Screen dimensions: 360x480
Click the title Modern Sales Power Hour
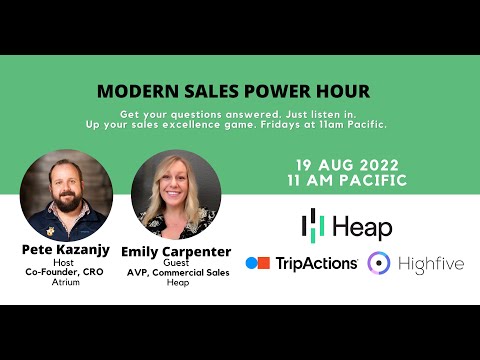click(x=233, y=91)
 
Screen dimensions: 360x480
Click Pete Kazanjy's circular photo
click(x=66, y=194)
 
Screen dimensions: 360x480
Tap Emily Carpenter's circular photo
click(x=176, y=194)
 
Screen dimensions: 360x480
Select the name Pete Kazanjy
click(x=66, y=248)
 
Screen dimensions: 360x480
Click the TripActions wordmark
click(x=316, y=263)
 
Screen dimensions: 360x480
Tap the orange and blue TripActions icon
click(x=258, y=263)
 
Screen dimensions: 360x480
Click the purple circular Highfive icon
click(x=378, y=263)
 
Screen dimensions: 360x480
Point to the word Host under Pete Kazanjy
click(x=66, y=261)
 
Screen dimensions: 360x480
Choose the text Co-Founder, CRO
click(x=66, y=272)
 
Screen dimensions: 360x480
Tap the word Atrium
click(x=66, y=283)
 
